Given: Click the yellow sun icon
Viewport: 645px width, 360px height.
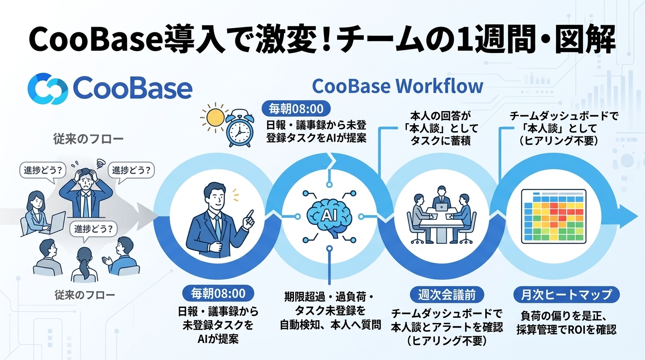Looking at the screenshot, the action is point(215,118).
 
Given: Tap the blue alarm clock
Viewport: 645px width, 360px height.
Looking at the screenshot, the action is point(240,128).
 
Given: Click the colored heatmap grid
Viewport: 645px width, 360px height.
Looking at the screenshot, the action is point(554,216).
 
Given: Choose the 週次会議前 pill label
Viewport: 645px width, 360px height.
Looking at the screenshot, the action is point(447,295).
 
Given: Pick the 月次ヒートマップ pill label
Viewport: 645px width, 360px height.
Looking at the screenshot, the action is point(566,294).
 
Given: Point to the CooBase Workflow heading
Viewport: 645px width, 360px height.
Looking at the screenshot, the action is point(397,86).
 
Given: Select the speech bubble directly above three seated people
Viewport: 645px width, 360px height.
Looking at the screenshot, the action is point(93,230).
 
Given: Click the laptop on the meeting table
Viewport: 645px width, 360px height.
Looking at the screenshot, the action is point(442,207).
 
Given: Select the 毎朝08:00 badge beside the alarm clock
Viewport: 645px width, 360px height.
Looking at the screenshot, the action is point(296,109).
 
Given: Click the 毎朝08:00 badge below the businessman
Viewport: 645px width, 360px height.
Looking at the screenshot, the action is point(218,293).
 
